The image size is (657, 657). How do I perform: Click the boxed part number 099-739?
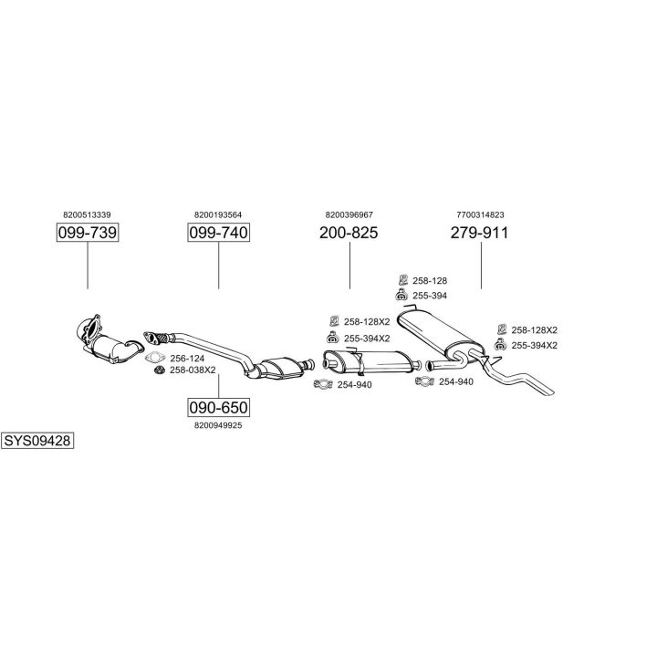pos(88,234)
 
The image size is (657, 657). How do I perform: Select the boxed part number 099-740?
pos(218,234)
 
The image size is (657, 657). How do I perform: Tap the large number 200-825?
pos(349,234)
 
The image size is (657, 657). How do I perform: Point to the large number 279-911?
pos(479,234)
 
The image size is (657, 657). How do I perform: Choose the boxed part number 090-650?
pos(218,407)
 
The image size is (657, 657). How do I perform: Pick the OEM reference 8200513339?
pos(88,214)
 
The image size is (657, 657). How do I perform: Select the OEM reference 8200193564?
pos(218,214)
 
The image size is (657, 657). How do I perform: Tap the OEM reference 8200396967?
pos(349,214)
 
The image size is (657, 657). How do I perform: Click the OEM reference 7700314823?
pos(479,214)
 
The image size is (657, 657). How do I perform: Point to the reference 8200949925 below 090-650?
pos(218,425)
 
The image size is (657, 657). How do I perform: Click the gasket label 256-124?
pos(187,358)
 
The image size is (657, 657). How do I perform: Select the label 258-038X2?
pos(193,370)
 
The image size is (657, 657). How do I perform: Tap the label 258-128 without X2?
pos(430,281)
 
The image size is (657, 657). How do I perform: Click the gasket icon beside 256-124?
pos(157,358)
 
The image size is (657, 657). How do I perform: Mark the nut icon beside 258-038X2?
pos(157,370)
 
